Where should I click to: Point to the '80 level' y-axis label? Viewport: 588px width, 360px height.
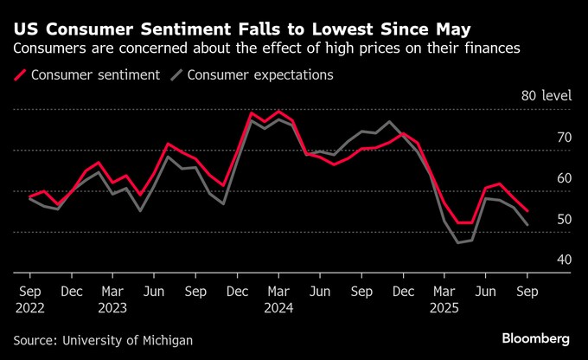tap(546, 96)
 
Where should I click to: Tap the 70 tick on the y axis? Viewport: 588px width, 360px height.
tap(564, 138)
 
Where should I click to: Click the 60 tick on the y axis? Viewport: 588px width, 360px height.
tap(564, 178)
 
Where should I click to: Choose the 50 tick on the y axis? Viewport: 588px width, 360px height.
tap(564, 219)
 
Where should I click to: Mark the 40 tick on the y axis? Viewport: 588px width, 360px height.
tap(564, 260)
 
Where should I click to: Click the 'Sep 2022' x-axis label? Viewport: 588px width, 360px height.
tap(30, 299)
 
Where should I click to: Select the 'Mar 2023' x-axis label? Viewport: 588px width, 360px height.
tap(113, 299)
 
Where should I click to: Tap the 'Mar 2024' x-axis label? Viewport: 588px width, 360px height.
tap(278, 299)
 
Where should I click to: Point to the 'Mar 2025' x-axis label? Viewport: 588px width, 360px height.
tap(444, 299)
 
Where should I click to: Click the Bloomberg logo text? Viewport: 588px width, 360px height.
tap(535, 337)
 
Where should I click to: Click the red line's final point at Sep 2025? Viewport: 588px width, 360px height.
tap(527, 210)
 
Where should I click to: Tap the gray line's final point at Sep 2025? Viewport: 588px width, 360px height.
tap(527, 225)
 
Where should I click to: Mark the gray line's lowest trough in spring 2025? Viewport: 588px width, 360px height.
tap(458, 242)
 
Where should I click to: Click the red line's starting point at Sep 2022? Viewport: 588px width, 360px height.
tap(31, 197)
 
